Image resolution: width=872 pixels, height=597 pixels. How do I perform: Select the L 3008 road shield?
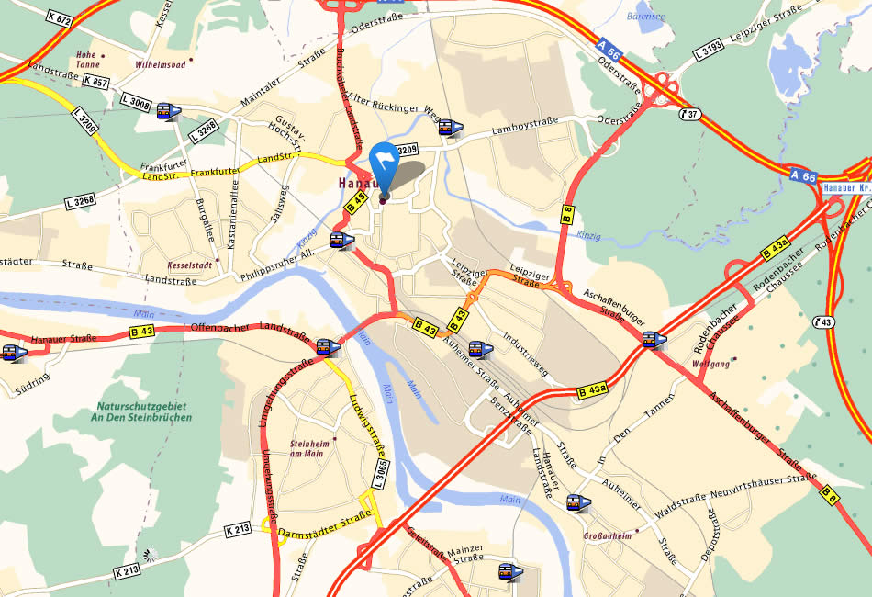click(x=135, y=105)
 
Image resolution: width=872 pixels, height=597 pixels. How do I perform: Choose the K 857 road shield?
click(x=95, y=81)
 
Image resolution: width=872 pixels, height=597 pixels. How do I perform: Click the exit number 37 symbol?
click(x=690, y=114)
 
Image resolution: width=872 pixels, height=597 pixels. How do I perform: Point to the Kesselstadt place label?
click(x=190, y=265)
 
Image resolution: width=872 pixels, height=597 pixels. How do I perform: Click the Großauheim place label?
click(x=608, y=535)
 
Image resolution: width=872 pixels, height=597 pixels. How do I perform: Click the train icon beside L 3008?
click(x=168, y=111)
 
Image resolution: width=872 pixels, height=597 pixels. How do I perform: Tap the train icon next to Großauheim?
click(x=577, y=503)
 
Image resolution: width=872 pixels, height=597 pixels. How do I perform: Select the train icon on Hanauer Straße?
click(x=13, y=353)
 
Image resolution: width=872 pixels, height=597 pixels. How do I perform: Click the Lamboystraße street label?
click(x=524, y=131)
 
